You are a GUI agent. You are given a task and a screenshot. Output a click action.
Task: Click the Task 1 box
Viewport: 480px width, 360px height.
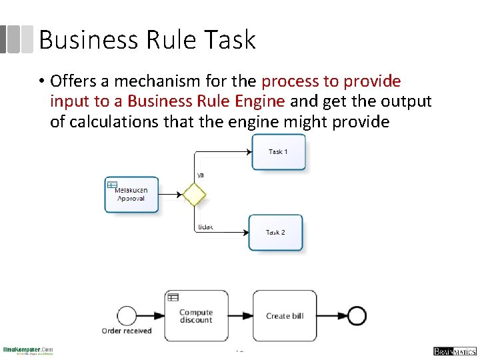279,152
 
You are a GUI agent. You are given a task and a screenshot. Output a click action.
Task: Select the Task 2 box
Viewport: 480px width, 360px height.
276,232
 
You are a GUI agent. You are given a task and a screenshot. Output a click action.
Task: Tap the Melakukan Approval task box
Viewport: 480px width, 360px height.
131,195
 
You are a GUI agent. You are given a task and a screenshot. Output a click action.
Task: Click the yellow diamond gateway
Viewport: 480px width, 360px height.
194,195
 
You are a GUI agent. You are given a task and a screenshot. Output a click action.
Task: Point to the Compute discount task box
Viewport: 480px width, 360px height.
196,315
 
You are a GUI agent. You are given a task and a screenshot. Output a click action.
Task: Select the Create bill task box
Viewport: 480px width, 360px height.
285,315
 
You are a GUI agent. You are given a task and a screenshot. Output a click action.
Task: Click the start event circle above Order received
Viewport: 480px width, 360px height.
127,315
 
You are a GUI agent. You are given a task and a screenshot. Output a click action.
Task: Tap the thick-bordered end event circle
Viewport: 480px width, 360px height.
357,315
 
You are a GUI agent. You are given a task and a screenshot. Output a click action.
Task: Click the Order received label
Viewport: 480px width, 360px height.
127,331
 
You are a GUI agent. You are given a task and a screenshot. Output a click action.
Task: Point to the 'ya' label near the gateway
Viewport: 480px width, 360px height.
200,175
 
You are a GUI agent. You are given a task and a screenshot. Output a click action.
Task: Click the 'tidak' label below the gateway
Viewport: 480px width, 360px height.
205,227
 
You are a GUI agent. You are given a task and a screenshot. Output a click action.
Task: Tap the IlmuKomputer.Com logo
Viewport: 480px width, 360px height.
28,351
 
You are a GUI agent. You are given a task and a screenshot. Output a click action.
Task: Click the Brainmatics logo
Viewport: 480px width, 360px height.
453,351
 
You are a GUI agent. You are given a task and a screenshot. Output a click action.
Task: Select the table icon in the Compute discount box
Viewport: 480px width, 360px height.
173,297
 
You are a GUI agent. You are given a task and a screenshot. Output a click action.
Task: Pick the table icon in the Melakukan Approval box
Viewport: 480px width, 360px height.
113,185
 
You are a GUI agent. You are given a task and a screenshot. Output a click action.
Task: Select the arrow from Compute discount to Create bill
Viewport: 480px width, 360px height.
241,315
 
